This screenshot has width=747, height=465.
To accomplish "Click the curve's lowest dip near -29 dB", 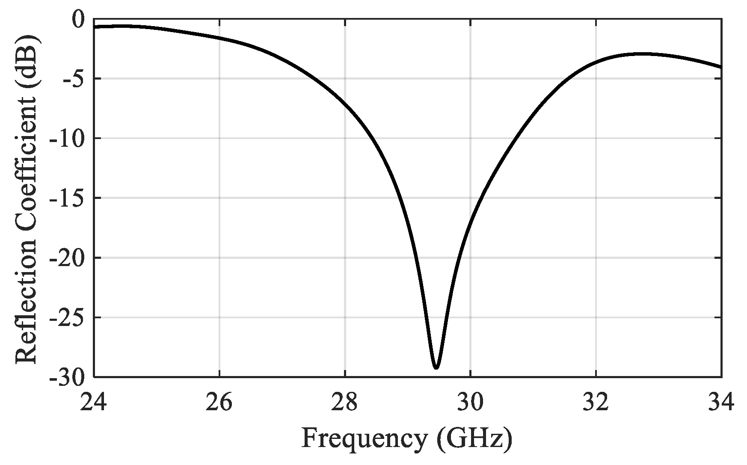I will [436, 367].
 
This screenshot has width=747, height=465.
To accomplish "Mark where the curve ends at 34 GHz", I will [721, 67].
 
